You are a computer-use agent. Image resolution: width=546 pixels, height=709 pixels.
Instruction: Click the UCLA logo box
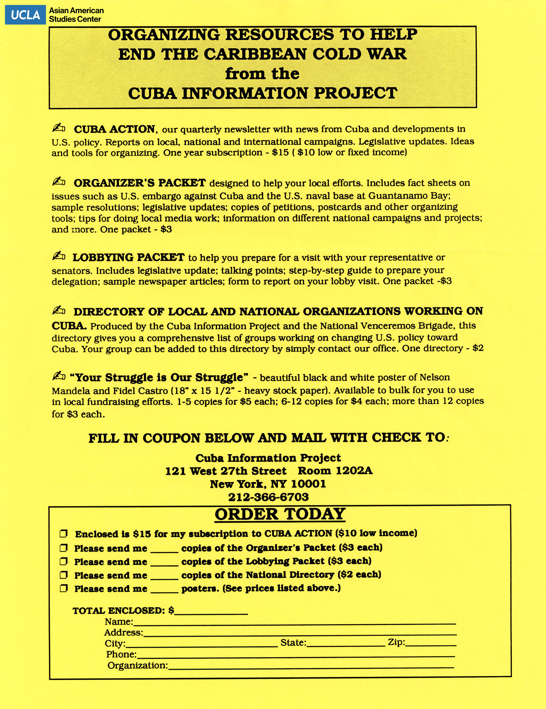(x=25, y=15)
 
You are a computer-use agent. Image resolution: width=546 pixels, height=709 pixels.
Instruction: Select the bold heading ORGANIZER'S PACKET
(x=140, y=183)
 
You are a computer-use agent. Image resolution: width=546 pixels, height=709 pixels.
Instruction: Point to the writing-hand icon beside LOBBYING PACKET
(x=59, y=257)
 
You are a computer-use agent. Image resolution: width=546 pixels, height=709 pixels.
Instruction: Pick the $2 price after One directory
(x=478, y=348)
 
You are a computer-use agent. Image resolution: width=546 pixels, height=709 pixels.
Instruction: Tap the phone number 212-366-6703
(x=268, y=497)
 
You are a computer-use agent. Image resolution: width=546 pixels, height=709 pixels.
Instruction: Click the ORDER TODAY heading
(x=280, y=514)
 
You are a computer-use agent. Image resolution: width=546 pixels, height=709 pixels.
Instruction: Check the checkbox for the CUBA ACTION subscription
(x=64, y=534)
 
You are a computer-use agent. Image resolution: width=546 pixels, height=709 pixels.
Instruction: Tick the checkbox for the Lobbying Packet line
(x=64, y=561)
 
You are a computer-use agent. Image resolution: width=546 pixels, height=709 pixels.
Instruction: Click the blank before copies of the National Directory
(x=164, y=576)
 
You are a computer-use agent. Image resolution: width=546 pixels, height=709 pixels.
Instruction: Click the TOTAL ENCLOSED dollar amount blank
(x=211, y=612)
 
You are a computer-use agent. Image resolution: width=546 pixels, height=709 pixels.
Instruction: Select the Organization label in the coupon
(x=137, y=666)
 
